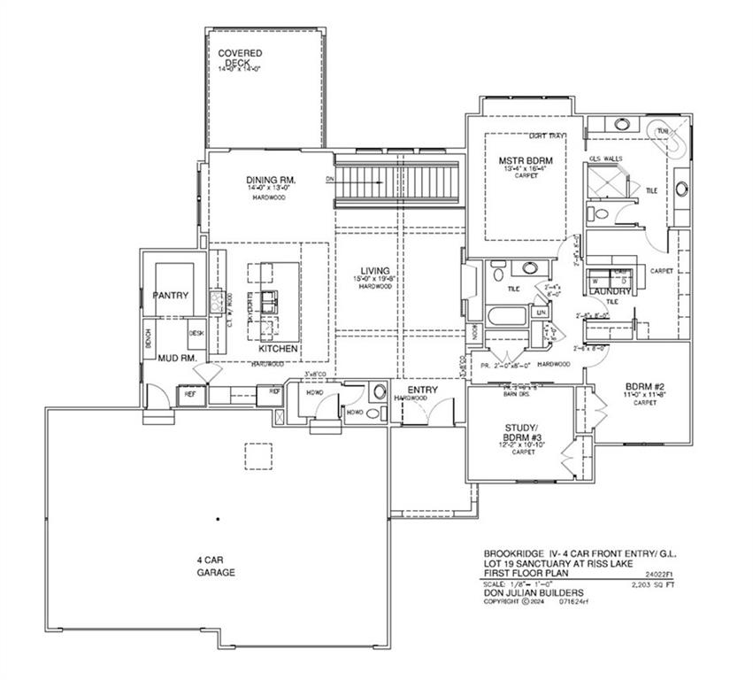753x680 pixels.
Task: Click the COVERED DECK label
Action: [x=240, y=58]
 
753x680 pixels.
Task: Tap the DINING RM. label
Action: [x=270, y=181]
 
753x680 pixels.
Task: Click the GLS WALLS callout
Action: [x=606, y=158]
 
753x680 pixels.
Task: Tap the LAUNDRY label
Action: [x=611, y=291]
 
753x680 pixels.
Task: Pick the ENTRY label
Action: [x=411, y=389]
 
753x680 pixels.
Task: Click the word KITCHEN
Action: [x=278, y=349]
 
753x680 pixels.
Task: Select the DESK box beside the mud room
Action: [x=196, y=333]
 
